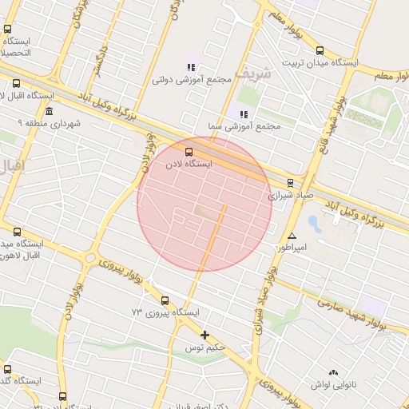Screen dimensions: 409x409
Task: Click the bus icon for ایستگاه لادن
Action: pos(189,150)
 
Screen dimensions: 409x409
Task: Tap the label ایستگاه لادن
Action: pos(189,163)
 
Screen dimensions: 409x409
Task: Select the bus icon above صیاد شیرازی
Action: pos(290,182)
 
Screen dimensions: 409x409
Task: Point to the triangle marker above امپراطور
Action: pos(292,236)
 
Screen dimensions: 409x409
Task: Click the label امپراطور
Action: pos(292,248)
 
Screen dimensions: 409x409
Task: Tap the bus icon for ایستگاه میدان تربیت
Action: pos(320,49)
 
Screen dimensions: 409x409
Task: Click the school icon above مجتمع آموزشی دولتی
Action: pos(191,67)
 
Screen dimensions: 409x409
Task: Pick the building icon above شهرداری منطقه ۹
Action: pos(50,111)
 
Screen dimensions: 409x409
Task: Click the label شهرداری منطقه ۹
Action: pos(46,124)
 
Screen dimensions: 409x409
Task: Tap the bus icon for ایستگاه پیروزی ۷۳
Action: pos(165,300)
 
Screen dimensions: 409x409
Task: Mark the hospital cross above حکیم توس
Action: pos(205,336)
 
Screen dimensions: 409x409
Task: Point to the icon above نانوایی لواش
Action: pos(333,372)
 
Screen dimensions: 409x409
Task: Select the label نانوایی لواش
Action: pos(335,384)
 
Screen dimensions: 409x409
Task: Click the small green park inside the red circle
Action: pos(204,211)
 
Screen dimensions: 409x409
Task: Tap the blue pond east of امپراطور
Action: pos(314,223)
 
